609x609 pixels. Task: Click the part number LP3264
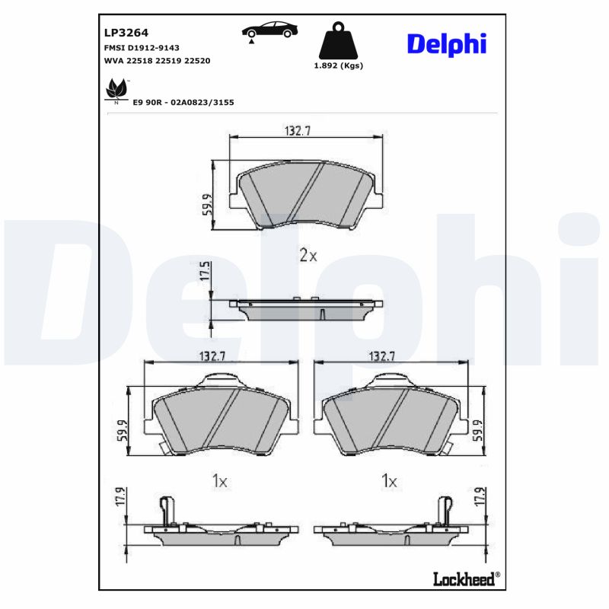click(x=126, y=33)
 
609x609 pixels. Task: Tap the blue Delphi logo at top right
click(x=446, y=43)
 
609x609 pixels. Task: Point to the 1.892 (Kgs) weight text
click(x=339, y=65)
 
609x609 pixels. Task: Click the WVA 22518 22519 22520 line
click(x=157, y=59)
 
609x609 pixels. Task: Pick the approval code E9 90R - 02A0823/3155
click(x=183, y=101)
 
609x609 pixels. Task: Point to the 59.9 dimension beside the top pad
click(x=207, y=204)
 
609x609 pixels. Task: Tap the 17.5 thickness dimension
click(x=203, y=273)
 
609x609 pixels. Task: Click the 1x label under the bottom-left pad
click(x=219, y=481)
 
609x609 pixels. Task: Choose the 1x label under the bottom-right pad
click(x=389, y=481)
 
